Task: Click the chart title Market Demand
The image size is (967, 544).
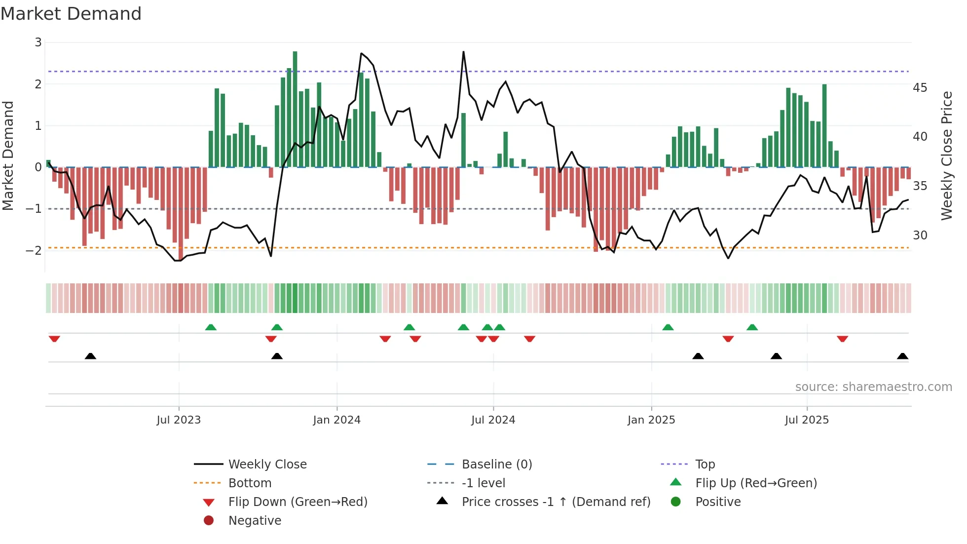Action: (x=71, y=14)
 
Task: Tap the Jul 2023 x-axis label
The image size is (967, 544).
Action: (x=179, y=420)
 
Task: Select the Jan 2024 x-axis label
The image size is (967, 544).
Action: (x=336, y=420)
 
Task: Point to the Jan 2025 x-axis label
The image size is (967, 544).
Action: (x=651, y=420)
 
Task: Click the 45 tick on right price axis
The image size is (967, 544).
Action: (x=920, y=88)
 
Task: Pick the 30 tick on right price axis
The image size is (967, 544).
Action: (x=920, y=235)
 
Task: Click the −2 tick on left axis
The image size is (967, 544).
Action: (x=34, y=250)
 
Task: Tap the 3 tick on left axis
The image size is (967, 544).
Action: (x=38, y=42)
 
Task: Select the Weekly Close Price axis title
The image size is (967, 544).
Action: (x=946, y=155)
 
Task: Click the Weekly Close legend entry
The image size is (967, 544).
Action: (x=267, y=465)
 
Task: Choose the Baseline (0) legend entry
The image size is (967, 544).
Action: (x=496, y=465)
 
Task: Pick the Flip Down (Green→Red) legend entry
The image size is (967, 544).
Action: (x=298, y=502)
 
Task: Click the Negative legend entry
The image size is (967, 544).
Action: (x=255, y=521)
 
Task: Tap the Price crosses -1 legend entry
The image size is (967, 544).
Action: (x=556, y=502)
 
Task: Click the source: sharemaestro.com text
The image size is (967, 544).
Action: (x=873, y=387)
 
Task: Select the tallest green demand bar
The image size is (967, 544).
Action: (x=295, y=109)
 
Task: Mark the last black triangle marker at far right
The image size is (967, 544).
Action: (x=902, y=356)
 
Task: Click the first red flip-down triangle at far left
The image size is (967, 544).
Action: (x=54, y=339)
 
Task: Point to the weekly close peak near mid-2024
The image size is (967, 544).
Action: (x=463, y=52)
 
